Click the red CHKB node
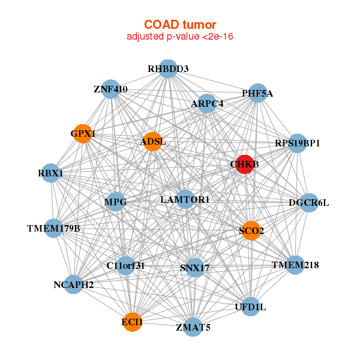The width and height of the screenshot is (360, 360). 244,164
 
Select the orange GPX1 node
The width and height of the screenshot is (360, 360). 83,133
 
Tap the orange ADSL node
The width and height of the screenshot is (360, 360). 152,142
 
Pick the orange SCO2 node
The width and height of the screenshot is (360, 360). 251,230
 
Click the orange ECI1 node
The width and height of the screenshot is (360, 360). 132,322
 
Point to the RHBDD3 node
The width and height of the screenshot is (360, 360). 168,69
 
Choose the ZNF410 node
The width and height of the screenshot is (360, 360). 110,89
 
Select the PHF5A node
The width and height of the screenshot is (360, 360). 257,93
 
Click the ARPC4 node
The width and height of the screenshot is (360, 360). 207,104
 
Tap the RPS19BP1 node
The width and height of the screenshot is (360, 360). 298,143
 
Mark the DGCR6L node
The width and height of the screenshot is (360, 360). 309,203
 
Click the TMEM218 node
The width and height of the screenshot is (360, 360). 295,265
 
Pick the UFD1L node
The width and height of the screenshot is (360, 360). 250,307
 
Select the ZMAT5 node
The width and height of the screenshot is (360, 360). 193,327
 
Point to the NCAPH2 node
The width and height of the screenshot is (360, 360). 74,284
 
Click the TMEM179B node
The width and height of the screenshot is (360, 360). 53,229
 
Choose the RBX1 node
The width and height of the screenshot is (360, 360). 50,173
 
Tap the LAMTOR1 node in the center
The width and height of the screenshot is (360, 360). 185,199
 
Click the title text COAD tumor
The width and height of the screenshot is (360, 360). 179,25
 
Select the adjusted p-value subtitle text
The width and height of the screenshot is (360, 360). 179,37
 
